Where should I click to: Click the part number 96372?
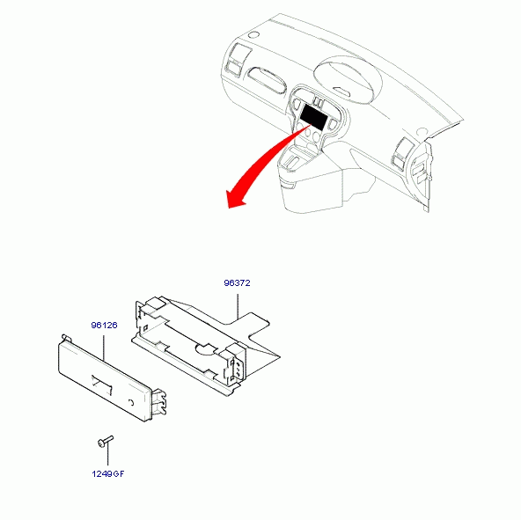[x=237, y=283]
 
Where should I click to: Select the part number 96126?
[x=104, y=325]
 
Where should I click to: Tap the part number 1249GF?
[x=108, y=474]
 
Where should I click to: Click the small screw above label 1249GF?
[x=106, y=442]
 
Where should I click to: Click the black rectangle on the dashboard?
[x=313, y=117]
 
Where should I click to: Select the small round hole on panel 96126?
[x=131, y=403]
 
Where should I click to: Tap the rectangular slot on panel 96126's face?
[x=102, y=385]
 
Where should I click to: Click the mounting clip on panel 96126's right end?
[x=158, y=402]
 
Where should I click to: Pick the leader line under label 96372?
[x=238, y=306]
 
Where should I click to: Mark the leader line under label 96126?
[x=104, y=348]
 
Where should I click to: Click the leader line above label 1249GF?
[x=107, y=455]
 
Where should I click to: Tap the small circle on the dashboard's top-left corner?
[x=253, y=34]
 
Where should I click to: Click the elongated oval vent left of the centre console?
[x=268, y=80]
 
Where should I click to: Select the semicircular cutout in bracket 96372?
[x=206, y=349]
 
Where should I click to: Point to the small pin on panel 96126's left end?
[x=67, y=337]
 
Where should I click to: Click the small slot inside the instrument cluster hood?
[x=341, y=91]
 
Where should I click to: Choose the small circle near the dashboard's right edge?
[x=422, y=132]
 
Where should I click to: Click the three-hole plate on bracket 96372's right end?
[x=238, y=368]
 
